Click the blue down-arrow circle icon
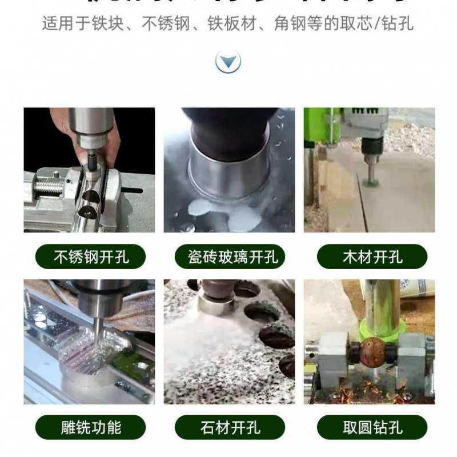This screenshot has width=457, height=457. tap(228, 61)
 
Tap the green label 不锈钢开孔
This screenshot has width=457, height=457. tap(90, 256)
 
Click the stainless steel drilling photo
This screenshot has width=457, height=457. tap(89, 170)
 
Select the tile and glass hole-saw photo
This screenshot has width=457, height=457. tap(229, 170)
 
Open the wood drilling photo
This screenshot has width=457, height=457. tap(369, 170)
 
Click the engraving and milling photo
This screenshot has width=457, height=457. tap(89, 342)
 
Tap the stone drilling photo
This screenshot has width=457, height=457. tap(229, 342)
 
